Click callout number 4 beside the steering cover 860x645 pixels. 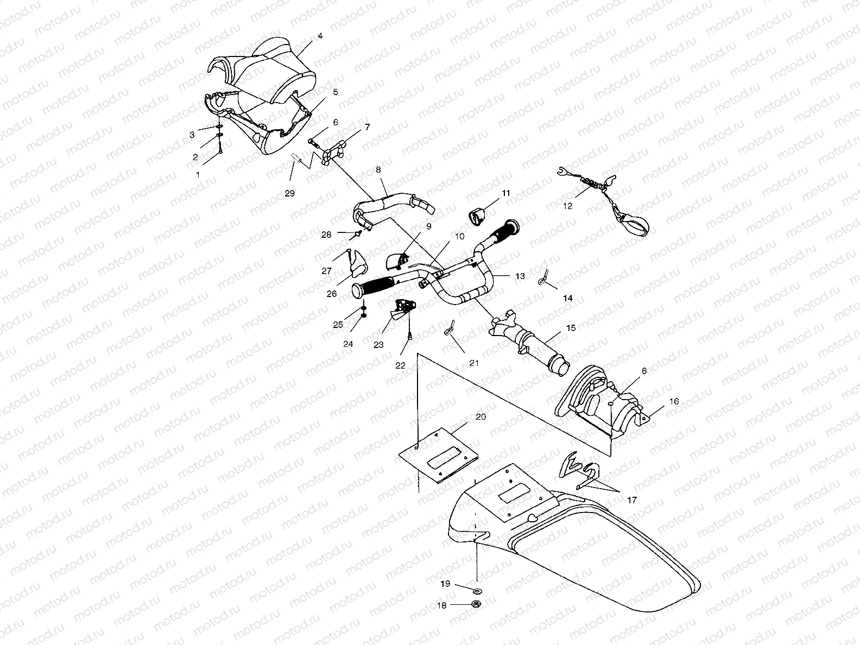pos(320,36)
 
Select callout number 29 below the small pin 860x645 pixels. pos(290,193)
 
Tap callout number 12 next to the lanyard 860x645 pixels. pos(567,206)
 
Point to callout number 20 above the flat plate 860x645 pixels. pos(480,416)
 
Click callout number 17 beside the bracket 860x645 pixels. pos(632,499)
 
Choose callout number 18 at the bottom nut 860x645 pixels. pos(442,605)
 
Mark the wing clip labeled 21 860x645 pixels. pos(448,329)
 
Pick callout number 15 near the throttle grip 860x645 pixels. pos(571,328)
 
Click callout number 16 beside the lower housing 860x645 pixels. pos(674,401)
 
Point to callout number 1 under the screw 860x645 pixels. pos(198,175)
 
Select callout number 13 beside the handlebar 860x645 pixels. pos(520,276)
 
